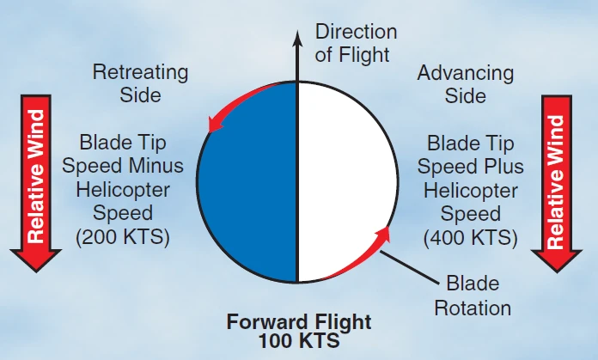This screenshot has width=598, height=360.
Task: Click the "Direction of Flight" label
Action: click(x=356, y=43)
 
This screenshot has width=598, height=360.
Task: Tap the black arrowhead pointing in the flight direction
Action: click(x=297, y=39)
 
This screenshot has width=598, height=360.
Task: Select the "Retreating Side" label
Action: click(x=140, y=83)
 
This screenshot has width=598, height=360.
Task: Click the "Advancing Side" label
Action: click(x=466, y=84)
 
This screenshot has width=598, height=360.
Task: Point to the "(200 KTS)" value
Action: click(x=122, y=236)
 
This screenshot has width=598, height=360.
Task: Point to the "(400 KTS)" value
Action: click(x=470, y=237)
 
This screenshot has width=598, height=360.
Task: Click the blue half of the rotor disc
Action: click(x=248, y=182)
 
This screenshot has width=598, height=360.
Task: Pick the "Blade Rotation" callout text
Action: click(x=473, y=296)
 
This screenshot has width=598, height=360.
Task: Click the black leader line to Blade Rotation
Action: click(x=409, y=267)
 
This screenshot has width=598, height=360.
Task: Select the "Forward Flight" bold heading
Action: click(x=299, y=321)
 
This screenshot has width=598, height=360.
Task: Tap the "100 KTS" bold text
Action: click(x=299, y=340)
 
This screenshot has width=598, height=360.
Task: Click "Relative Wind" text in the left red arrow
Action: click(x=36, y=176)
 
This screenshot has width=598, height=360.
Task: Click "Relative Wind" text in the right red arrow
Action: click(x=556, y=181)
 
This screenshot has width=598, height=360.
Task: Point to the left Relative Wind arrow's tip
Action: click(x=36, y=272)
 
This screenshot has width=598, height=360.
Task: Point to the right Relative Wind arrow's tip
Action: click(x=557, y=272)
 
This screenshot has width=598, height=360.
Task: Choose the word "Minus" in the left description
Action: click(x=156, y=166)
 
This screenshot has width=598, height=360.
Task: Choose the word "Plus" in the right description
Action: click(x=503, y=167)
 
